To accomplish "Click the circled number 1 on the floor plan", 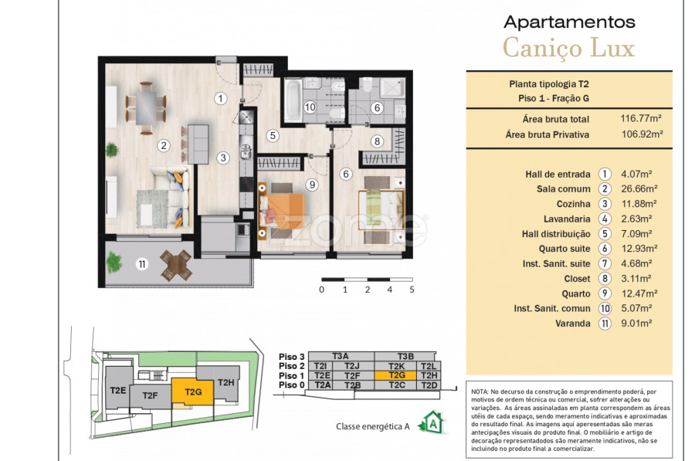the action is click(x=220, y=98).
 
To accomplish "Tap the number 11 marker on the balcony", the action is click(x=142, y=264).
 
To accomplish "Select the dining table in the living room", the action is click(x=146, y=108).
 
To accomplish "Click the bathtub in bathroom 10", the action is click(x=292, y=100).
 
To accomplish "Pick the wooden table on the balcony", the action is click(x=176, y=266).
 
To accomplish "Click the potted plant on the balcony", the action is click(x=114, y=262).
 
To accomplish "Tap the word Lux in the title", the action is click(x=613, y=47).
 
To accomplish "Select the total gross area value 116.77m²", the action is click(x=641, y=118).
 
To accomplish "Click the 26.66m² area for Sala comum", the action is click(x=639, y=189).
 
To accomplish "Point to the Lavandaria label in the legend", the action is click(x=567, y=219).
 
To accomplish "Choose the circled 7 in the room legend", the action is click(x=605, y=264).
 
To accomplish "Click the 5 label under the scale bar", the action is click(x=412, y=290).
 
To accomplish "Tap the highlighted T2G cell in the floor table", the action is click(x=396, y=375).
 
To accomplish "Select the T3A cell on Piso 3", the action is click(x=341, y=356).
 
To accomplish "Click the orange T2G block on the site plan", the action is click(x=193, y=392).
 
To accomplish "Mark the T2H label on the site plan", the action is click(x=226, y=382).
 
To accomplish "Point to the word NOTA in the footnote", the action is click(x=480, y=392).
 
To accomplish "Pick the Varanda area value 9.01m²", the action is click(x=636, y=323).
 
